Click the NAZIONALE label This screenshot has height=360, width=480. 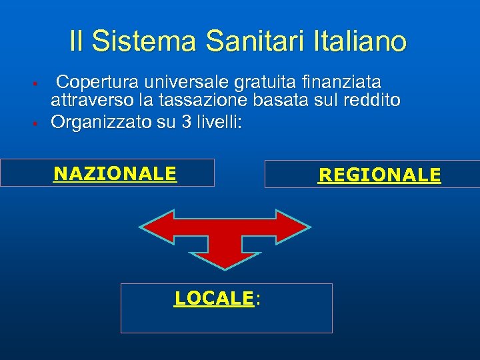(x=115, y=174)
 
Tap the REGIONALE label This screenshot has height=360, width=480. (x=379, y=175)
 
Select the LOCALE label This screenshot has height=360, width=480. (x=214, y=299)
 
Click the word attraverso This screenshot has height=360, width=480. (x=93, y=101)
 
